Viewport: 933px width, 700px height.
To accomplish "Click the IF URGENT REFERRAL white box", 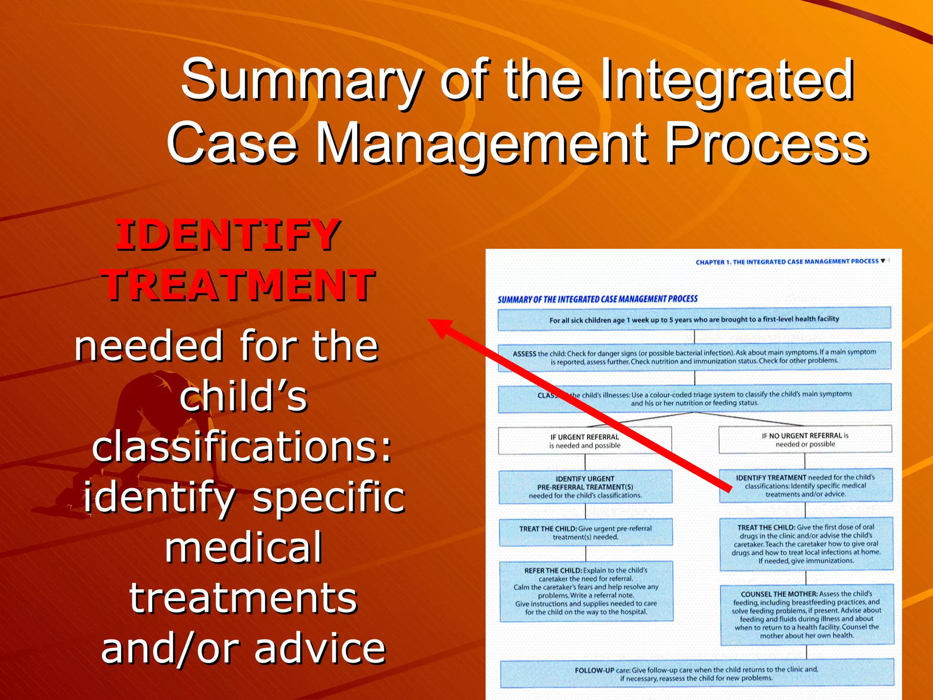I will click(x=584, y=441).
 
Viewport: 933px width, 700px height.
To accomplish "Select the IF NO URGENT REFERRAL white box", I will click(x=805, y=439).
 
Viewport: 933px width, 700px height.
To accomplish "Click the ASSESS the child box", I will click(x=694, y=356).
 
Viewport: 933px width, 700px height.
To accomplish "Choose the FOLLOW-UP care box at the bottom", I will click(x=697, y=674).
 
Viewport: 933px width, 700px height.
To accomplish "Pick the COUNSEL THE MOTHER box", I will click(x=806, y=614).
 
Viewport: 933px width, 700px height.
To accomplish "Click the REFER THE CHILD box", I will click(x=586, y=591).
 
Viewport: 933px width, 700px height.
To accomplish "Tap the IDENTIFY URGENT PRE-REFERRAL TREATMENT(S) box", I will click(x=585, y=487).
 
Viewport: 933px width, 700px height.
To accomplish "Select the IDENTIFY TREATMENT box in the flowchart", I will click(x=805, y=485).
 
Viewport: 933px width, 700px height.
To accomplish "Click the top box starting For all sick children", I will click(x=694, y=319).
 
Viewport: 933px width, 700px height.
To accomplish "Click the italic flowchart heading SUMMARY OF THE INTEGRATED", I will click(x=597, y=299).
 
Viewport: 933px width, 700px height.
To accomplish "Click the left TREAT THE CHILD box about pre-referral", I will click(x=585, y=532).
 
